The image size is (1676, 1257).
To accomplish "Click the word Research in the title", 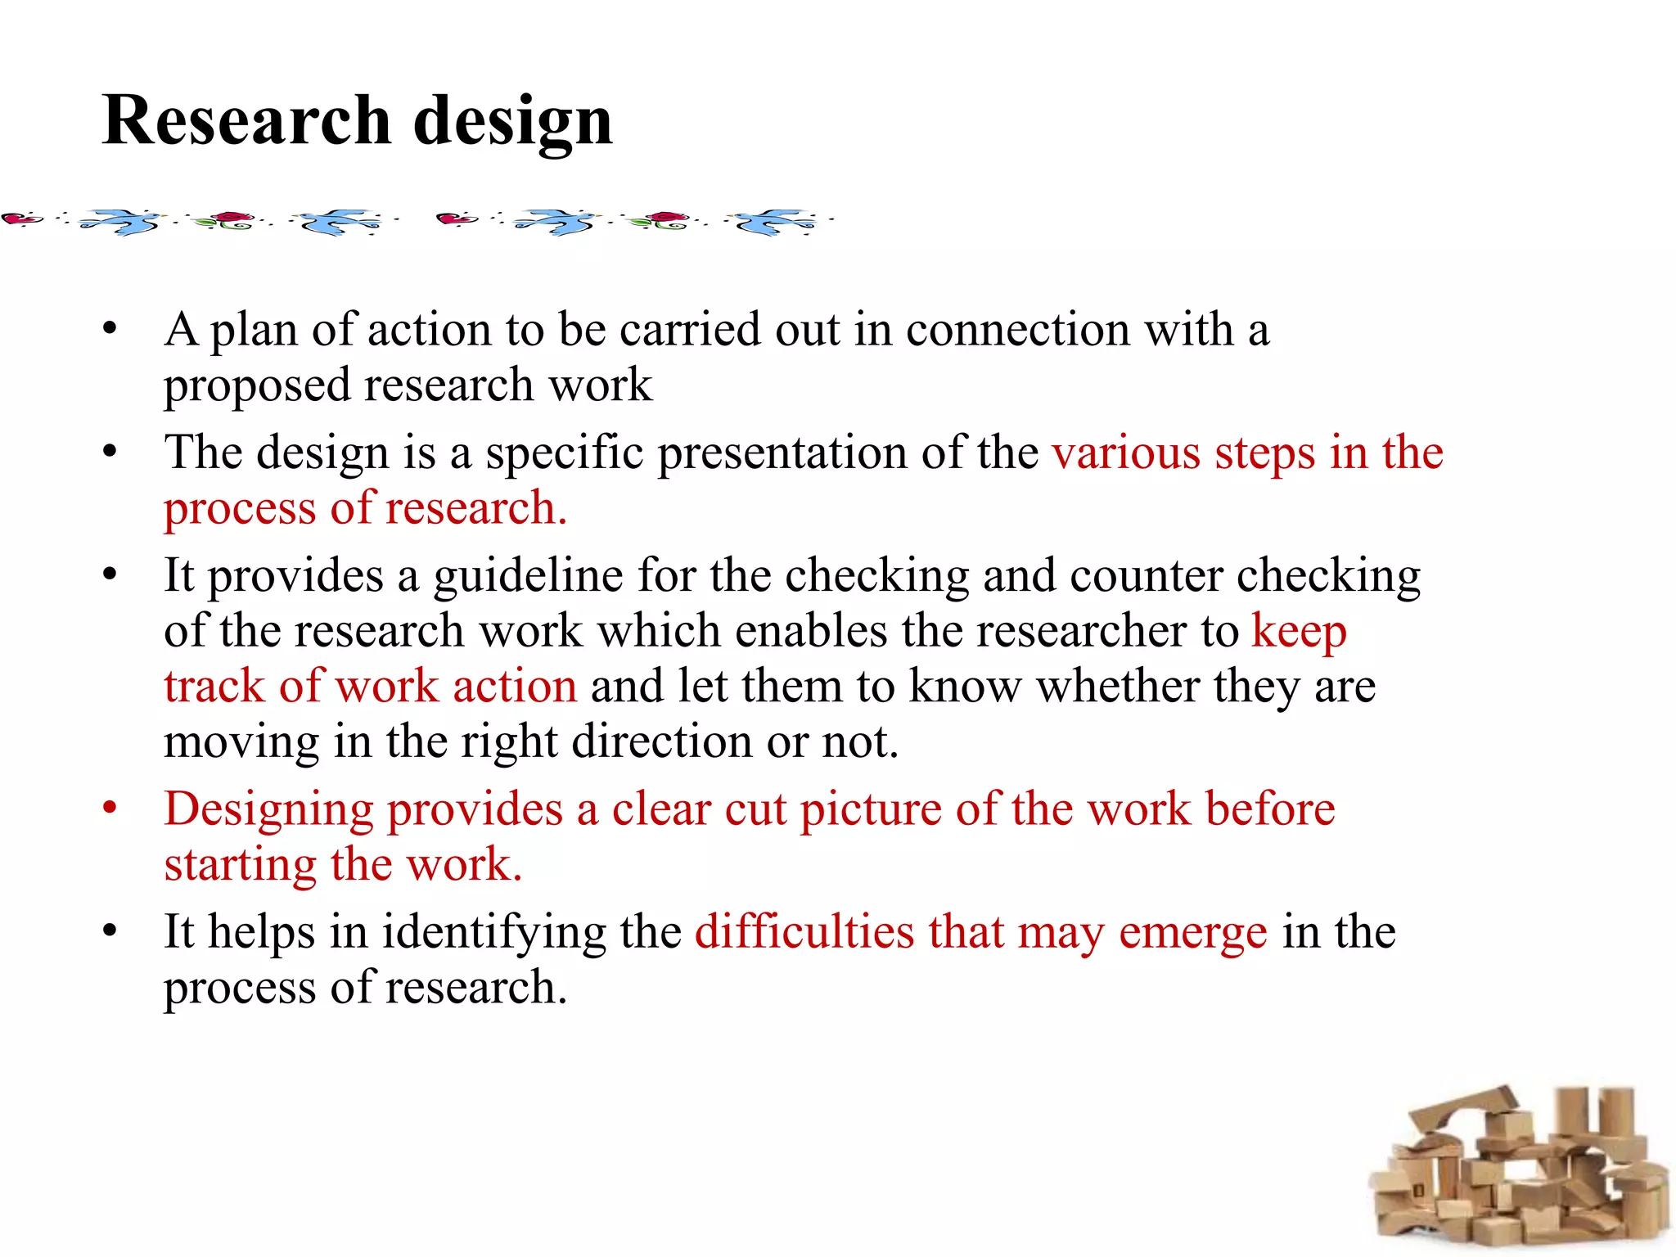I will click(x=246, y=120).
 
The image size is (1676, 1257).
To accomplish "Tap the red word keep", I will click(x=1299, y=633).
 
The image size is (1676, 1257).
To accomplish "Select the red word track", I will click(x=214, y=686).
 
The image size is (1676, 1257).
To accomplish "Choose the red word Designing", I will click(x=268, y=810).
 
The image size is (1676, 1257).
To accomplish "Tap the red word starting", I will click(x=240, y=865).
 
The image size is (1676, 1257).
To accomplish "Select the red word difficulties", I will click(x=804, y=932).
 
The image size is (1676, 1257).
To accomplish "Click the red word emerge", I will click(x=1192, y=933).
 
